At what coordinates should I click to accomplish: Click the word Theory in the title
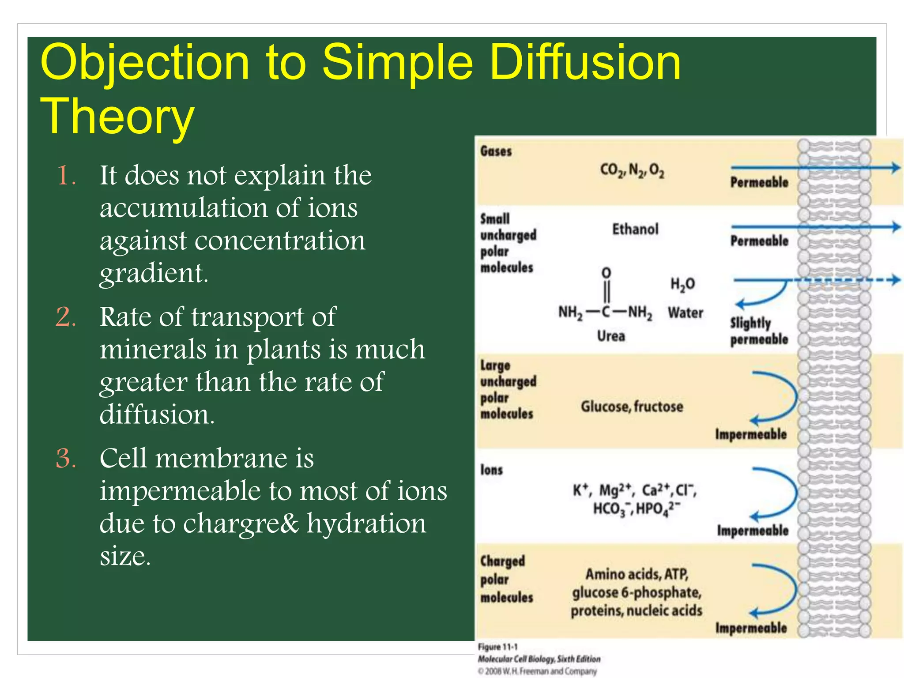tap(117, 117)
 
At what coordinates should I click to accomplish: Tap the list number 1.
tap(66, 175)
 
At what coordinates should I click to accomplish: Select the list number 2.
tap(66, 317)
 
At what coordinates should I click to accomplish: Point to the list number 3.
tap(66, 458)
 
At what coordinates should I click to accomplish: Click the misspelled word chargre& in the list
tap(241, 524)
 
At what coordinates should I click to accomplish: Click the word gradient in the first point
tap(154, 273)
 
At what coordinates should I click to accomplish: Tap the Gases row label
tap(496, 151)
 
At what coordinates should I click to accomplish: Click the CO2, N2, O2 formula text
tap(632, 170)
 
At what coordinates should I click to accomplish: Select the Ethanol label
tap(635, 229)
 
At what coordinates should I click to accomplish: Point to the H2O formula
tap(682, 284)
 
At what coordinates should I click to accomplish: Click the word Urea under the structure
tap(611, 336)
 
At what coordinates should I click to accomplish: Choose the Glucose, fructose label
tap(632, 407)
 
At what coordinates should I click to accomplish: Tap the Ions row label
tap(491, 470)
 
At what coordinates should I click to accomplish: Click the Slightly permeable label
tap(758, 331)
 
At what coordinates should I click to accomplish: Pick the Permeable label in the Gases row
tap(759, 182)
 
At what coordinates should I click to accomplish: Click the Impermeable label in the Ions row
tap(753, 530)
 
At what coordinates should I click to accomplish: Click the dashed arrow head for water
tap(895, 279)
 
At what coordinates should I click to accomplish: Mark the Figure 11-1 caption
tap(497, 647)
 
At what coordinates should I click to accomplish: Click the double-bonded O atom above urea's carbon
tap(606, 272)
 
